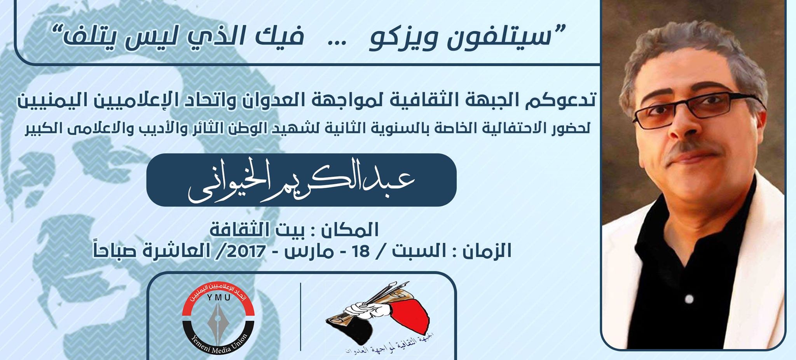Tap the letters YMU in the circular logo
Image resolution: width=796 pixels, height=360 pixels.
(x=218, y=298)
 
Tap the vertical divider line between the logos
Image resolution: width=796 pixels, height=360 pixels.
(x=301, y=316)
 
